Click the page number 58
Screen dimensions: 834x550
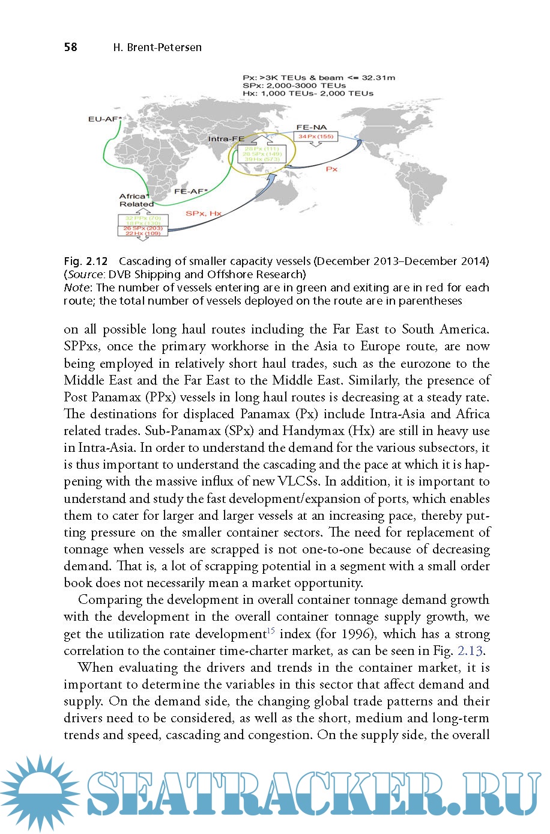[71, 47]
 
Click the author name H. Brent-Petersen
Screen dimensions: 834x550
[157, 47]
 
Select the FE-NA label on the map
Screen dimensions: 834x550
[312, 127]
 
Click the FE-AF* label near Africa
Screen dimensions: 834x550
[191, 191]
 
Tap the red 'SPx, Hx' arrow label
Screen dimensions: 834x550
[204, 213]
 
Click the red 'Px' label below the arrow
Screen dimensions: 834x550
[331, 169]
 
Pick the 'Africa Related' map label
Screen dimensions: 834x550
[136, 200]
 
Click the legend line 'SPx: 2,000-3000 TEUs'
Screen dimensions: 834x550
[294, 85]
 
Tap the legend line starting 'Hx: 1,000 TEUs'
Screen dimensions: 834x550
[307, 93]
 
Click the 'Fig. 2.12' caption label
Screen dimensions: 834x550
[86, 261]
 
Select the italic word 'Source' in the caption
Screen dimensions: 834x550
[85, 275]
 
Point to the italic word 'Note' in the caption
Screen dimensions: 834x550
[76, 288]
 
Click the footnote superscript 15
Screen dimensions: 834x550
[271, 630]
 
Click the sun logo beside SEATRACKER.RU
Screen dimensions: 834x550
[38, 793]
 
